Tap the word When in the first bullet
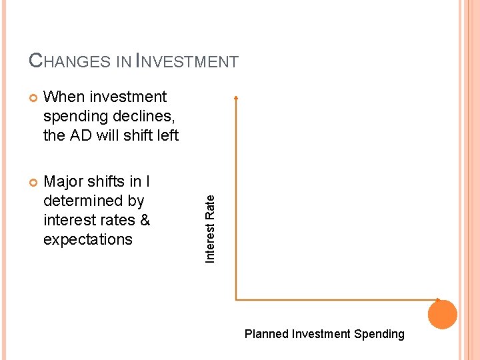coord(63,97)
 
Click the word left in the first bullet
coord(167,135)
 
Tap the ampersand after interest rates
coord(144,220)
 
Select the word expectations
coord(88,239)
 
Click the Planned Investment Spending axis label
coord(324,334)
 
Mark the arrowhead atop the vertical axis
coord(236,98)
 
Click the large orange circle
coord(443,314)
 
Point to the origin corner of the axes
coord(237,299)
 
